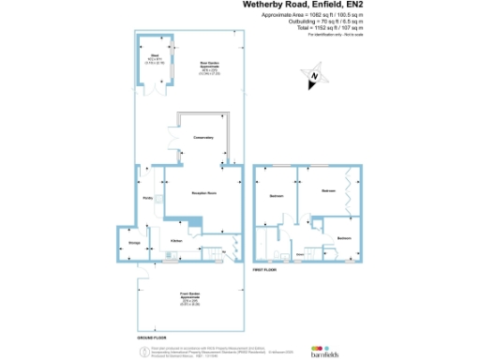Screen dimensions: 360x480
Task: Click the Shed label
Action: tap(154, 58)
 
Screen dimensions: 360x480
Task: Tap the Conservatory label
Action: tap(204, 138)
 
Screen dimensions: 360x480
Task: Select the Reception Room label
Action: tap(204, 193)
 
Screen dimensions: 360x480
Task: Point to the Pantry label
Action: tap(147, 199)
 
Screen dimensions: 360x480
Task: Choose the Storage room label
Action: tap(134, 243)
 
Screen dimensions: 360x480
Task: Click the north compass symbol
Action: tap(316, 76)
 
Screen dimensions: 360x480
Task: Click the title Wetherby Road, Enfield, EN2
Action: tap(316, 5)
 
